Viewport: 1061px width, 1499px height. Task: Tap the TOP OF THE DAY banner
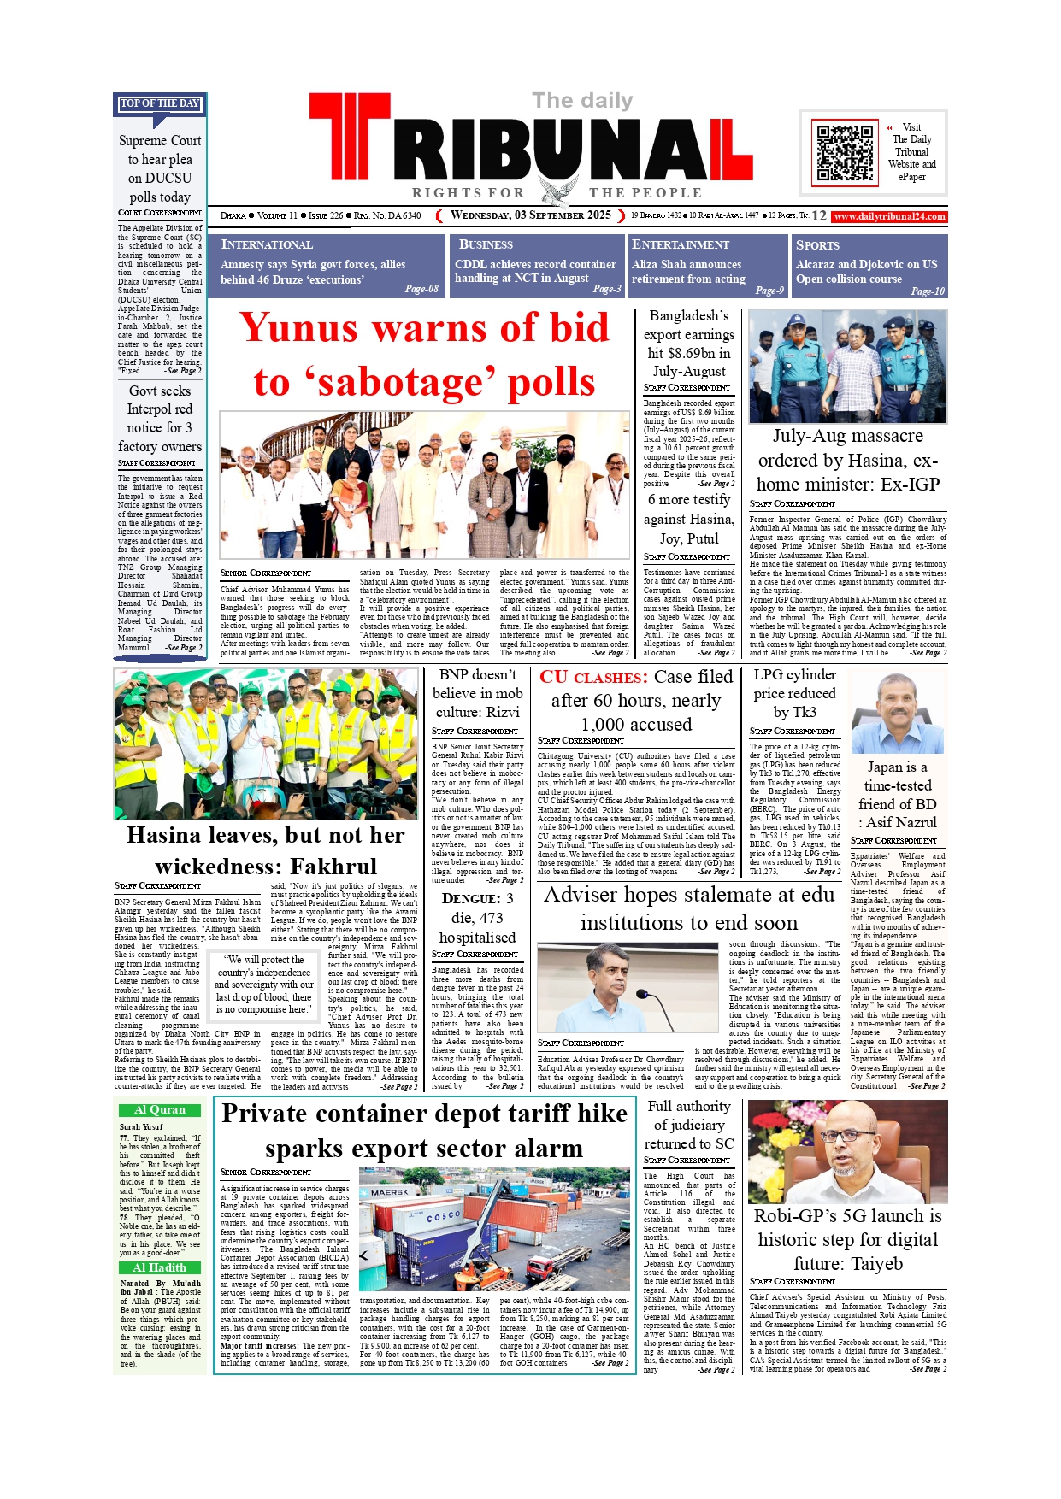click(160, 103)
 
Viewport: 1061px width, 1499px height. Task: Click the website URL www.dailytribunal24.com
click(889, 216)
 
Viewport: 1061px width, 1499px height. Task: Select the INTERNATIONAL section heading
click(267, 244)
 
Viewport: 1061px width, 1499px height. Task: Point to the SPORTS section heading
click(817, 245)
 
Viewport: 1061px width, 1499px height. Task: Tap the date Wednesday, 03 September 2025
click(531, 215)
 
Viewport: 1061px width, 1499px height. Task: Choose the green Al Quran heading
click(160, 1110)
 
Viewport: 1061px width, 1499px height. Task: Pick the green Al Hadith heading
click(160, 1268)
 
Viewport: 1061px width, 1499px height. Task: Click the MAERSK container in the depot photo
click(390, 1192)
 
